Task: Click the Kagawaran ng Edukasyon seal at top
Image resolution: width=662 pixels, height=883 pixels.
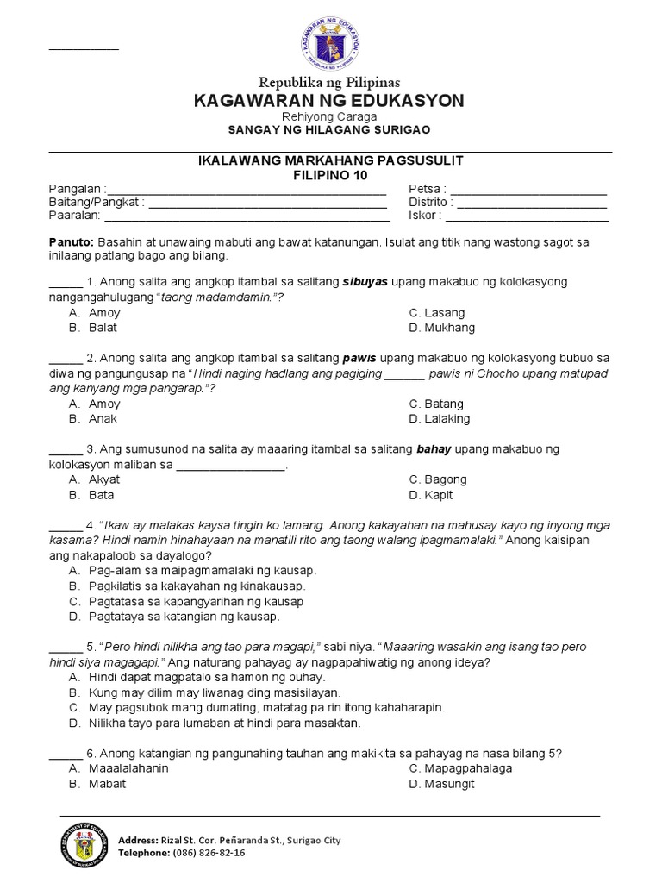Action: click(331, 41)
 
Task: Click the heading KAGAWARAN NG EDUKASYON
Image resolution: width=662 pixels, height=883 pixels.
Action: click(330, 101)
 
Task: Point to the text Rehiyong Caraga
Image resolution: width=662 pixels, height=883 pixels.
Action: click(330, 116)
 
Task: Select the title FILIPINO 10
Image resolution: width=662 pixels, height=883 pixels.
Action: click(330, 175)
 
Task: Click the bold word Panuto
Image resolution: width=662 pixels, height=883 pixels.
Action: click(66, 243)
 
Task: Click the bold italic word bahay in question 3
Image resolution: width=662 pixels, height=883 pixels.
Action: click(434, 449)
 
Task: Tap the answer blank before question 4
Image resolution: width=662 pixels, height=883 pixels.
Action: click(64, 525)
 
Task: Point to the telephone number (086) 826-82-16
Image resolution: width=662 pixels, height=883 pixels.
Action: click(210, 852)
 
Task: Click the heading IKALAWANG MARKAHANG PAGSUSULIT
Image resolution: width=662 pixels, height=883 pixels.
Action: click(330, 161)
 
